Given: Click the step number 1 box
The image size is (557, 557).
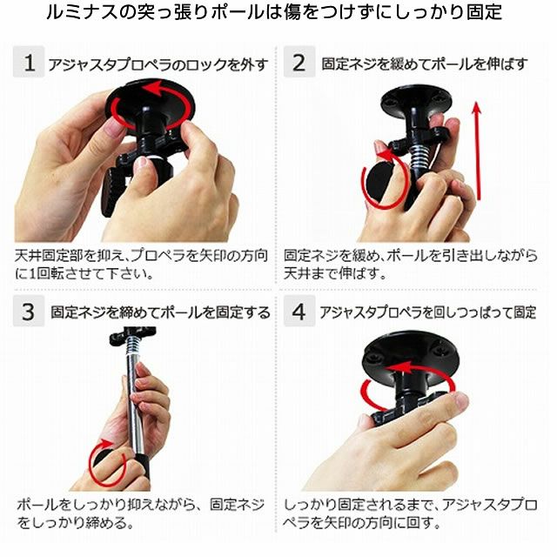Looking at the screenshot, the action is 29,62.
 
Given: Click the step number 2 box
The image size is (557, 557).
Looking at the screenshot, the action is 299,62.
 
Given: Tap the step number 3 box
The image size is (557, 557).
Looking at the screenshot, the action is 29,312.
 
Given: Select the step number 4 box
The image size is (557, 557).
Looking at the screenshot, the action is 299,312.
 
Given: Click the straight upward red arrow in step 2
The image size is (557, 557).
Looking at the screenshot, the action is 477,151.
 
